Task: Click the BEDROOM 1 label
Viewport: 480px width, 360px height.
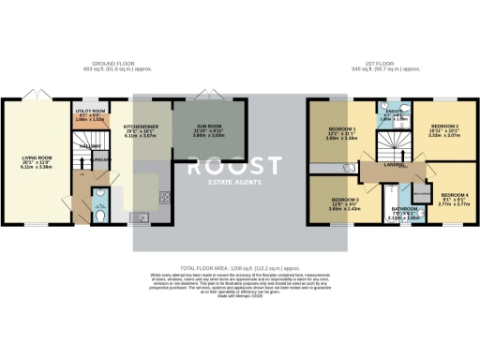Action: tap(342, 127)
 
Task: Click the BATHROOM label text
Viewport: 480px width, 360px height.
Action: tap(404, 208)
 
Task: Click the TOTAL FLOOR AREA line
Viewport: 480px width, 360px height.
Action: tap(240, 265)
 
